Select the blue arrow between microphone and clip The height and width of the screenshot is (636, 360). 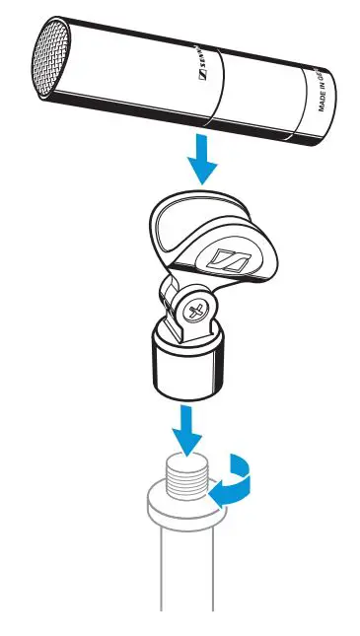[201, 157]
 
